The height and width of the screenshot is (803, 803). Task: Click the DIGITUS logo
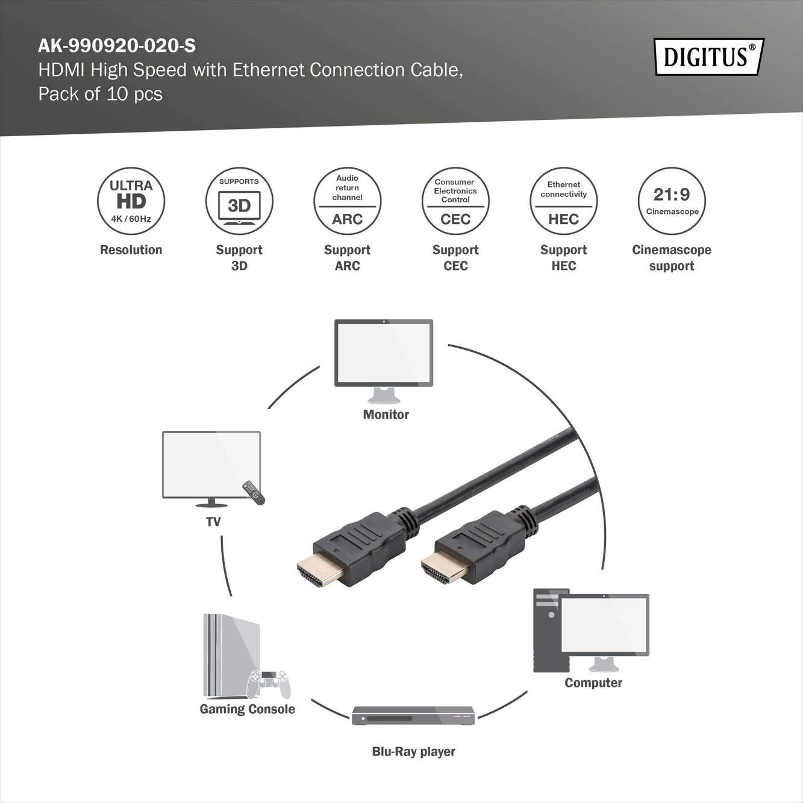[710, 57]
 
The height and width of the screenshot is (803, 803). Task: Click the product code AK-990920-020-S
[117, 46]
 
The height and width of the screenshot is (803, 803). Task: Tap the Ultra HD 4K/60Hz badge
[131, 201]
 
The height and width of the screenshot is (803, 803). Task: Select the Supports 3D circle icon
[239, 201]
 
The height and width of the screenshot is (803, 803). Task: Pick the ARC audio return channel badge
[347, 201]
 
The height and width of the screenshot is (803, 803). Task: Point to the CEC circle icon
[455, 201]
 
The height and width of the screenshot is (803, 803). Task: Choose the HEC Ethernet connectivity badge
[563, 201]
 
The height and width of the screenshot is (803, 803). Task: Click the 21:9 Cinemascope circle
[672, 201]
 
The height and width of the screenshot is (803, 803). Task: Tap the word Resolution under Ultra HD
[131, 249]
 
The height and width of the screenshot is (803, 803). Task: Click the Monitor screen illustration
[384, 353]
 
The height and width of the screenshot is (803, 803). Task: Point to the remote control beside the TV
[254, 493]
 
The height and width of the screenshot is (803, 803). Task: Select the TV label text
[213, 521]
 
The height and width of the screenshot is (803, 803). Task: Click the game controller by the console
[269, 684]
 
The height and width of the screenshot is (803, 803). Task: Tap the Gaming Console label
[247, 709]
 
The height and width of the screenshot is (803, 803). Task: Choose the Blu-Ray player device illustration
[413, 716]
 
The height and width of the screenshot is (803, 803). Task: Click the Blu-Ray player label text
[413, 751]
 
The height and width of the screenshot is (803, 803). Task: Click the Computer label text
[593, 683]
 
